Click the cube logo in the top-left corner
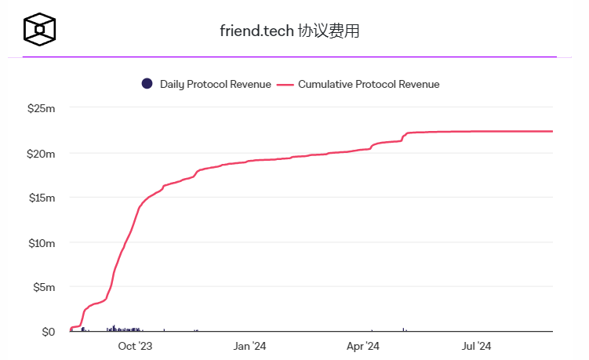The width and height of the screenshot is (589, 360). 40,29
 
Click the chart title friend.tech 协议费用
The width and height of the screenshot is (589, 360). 290,31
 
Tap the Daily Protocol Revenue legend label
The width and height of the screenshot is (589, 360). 215,84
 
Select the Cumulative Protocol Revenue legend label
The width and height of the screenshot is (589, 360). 369,84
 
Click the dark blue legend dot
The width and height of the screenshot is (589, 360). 147,84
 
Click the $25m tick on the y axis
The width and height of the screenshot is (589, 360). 41,108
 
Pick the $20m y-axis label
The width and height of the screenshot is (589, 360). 41,153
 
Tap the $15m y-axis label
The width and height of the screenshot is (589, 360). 41,198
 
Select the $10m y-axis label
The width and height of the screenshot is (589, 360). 41,242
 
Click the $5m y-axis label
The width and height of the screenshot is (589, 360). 43,287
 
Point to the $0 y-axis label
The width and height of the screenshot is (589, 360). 48,332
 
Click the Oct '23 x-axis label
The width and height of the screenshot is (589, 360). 135,346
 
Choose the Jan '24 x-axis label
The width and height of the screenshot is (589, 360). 250,346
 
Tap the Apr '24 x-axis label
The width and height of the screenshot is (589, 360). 362,346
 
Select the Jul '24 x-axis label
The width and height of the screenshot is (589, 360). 475,346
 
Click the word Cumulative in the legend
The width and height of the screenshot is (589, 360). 325,84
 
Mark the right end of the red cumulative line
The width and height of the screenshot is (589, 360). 552,131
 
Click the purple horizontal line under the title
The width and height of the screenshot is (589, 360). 289,56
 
